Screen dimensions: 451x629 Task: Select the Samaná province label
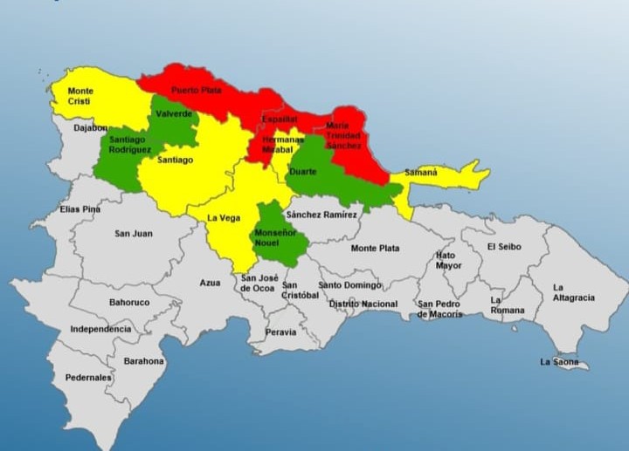coord(420,173)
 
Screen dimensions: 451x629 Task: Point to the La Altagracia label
coord(573,292)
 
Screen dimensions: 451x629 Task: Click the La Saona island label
coord(559,361)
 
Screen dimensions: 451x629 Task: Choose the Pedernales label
coord(88,378)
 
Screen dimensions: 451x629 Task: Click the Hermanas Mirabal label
coord(283,144)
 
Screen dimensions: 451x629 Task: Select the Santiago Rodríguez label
coord(128,145)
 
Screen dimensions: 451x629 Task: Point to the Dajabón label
coord(90,128)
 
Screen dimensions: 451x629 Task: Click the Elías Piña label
coord(80,209)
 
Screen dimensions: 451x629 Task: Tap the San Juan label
coord(133,234)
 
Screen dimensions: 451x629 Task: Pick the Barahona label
coord(143,360)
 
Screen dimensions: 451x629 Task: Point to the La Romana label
coord(507,305)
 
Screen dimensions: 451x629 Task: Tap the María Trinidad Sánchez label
coord(343,135)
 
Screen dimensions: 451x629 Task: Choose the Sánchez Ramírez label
coord(321,215)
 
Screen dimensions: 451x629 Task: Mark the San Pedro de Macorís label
coord(440,309)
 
